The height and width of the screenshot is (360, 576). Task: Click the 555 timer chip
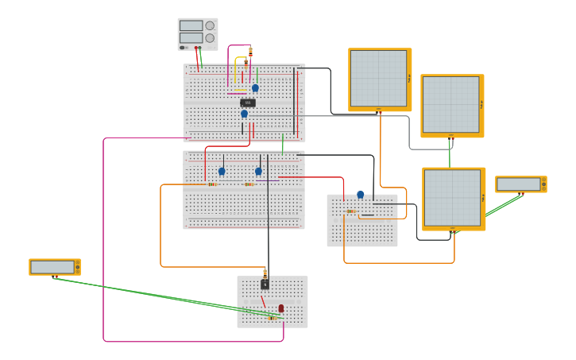248,103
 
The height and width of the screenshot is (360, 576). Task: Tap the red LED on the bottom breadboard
281,308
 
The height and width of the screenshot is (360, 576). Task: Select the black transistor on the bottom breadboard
265,284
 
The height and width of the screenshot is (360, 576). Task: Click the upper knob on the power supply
210,25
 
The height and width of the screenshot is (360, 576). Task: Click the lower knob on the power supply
210,38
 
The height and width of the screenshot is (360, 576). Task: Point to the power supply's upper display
191,25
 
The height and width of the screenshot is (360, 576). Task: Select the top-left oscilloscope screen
378,78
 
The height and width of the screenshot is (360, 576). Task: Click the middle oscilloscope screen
450,104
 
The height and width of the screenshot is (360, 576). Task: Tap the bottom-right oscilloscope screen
451,197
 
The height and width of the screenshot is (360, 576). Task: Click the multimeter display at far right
518,184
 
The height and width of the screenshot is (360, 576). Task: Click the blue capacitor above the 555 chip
255,88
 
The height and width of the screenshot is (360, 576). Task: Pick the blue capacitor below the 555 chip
244,114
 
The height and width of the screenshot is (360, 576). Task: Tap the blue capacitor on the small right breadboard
360,194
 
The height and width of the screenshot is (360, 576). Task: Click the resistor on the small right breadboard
350,211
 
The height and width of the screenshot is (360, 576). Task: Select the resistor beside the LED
272,318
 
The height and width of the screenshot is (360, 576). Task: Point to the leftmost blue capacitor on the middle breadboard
222,171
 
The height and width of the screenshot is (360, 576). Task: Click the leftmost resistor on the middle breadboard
212,184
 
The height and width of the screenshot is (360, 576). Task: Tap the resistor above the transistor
265,272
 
